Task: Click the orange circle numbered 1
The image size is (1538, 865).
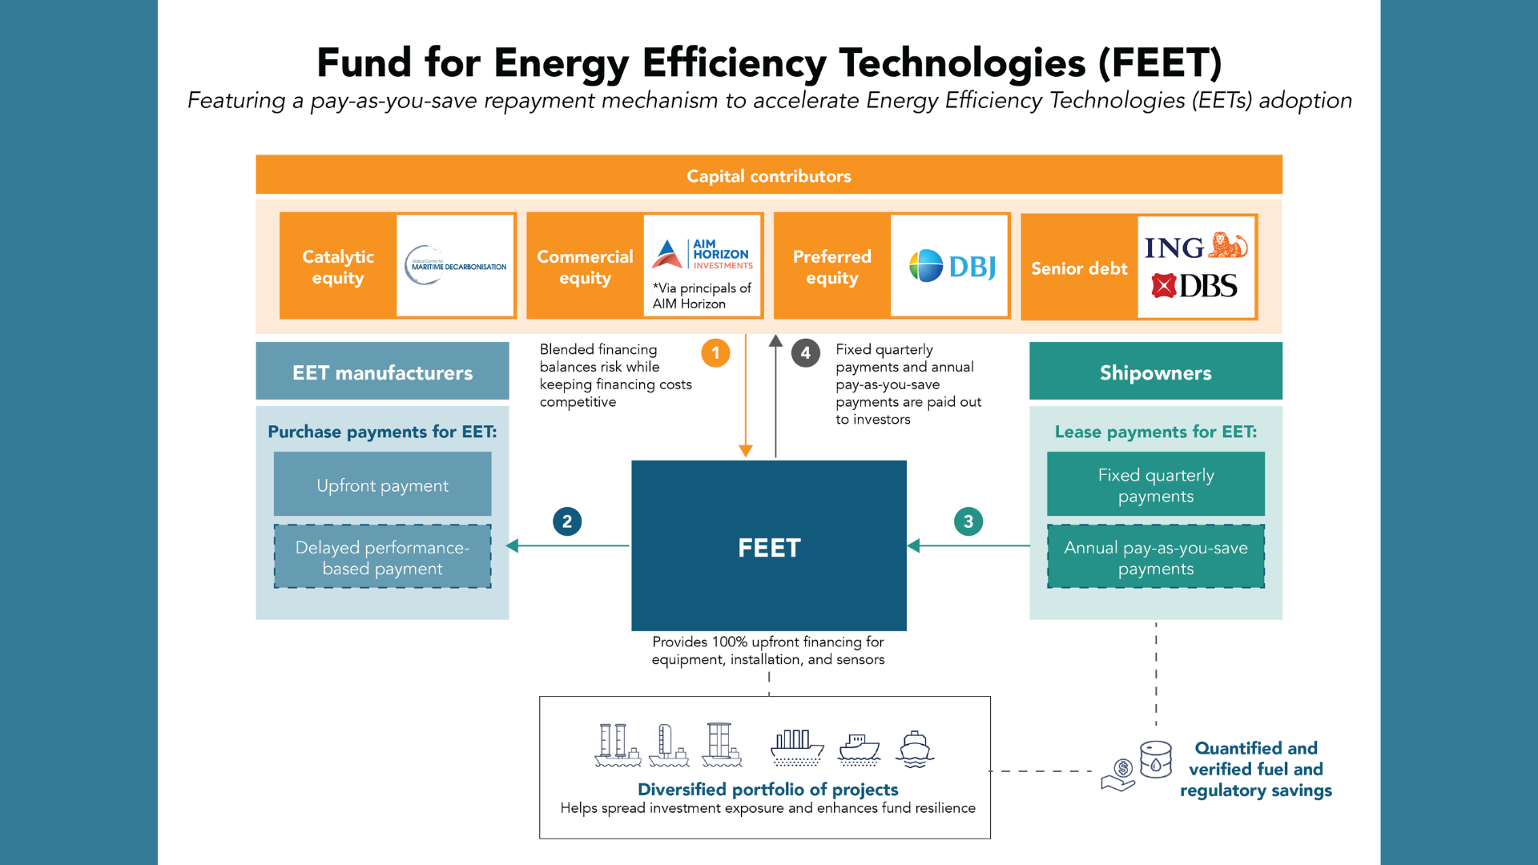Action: tap(715, 353)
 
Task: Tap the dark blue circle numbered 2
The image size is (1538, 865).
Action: tap(567, 521)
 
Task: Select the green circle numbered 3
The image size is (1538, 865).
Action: tap(968, 521)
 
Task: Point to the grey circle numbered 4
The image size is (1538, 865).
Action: tap(805, 353)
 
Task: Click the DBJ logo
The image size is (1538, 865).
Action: tap(952, 266)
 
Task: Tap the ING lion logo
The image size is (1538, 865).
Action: tap(1227, 245)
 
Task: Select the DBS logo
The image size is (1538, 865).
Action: tap(1194, 286)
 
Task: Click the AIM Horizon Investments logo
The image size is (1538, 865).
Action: tap(703, 254)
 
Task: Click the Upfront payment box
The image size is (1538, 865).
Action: tap(382, 485)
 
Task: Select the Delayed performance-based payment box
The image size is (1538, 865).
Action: tap(382, 557)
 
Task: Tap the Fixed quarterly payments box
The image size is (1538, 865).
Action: tap(1155, 485)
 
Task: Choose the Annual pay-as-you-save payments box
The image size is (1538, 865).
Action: tap(1155, 557)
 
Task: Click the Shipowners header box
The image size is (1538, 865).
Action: tap(1155, 372)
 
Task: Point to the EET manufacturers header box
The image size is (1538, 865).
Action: tap(382, 372)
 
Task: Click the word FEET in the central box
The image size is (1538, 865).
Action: tap(769, 548)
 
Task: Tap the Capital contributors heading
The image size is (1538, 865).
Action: tap(769, 175)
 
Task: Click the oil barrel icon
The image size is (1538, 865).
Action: tap(1156, 758)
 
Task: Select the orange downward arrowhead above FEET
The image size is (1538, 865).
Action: tap(746, 451)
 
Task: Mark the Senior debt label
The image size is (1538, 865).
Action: tap(1079, 268)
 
